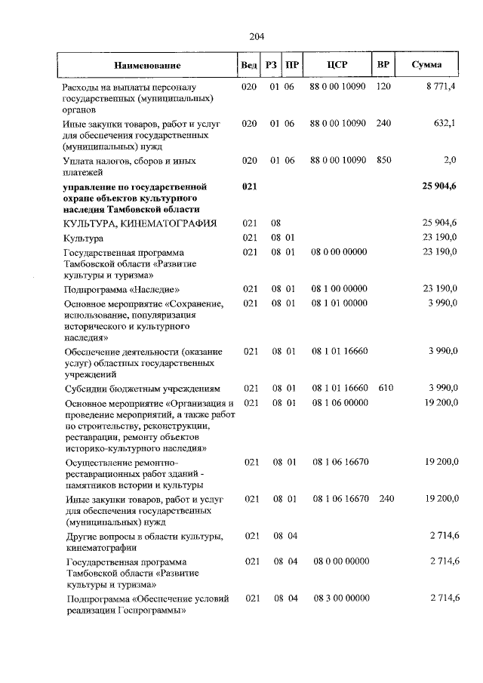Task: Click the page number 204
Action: pos(255,35)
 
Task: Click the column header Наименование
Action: pos(148,66)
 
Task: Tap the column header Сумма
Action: pos(426,65)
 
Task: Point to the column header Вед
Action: pos(248,65)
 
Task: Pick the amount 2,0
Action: pos(450,161)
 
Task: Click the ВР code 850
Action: pos(383,161)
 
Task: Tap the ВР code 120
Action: pos(383,88)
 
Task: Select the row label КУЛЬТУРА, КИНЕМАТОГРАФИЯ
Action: pos(140,223)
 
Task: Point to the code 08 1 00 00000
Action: pos(339,288)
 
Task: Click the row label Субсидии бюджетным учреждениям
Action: pos(142,389)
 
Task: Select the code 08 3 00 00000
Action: pos(339,598)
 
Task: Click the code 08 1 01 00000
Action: pos(339,303)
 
